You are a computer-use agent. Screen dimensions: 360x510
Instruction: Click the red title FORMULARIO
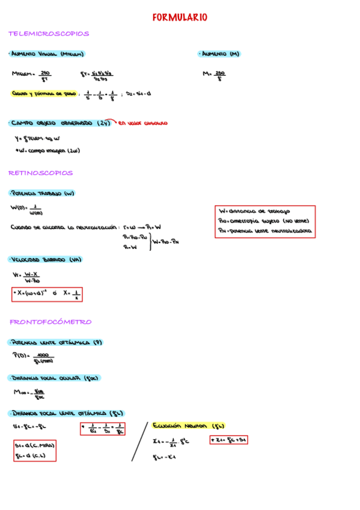point(180,18)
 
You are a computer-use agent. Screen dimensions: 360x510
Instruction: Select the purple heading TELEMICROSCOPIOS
point(49,34)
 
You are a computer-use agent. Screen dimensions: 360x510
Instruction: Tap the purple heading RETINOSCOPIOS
point(40,173)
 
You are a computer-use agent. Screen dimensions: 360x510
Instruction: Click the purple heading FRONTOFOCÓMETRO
point(50,322)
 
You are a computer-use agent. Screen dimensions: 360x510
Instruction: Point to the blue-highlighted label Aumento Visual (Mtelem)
point(46,54)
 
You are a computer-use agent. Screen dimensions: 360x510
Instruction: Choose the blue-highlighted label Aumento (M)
point(219,54)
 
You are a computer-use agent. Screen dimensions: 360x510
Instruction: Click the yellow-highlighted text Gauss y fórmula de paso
point(44,94)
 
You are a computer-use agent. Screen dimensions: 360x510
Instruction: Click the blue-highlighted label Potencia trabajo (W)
point(41,194)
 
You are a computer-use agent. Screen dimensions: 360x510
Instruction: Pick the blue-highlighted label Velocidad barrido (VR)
point(45,260)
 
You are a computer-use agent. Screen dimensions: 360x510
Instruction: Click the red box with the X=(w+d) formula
point(47,294)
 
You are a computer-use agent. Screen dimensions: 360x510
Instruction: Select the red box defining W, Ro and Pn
point(265,221)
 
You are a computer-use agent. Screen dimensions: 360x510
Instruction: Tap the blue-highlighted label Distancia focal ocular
point(54,378)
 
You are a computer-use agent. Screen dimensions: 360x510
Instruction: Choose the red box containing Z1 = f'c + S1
point(228,440)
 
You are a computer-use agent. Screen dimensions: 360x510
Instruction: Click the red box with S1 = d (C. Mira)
point(35,450)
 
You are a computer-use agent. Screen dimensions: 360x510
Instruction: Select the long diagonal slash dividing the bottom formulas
point(140,441)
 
